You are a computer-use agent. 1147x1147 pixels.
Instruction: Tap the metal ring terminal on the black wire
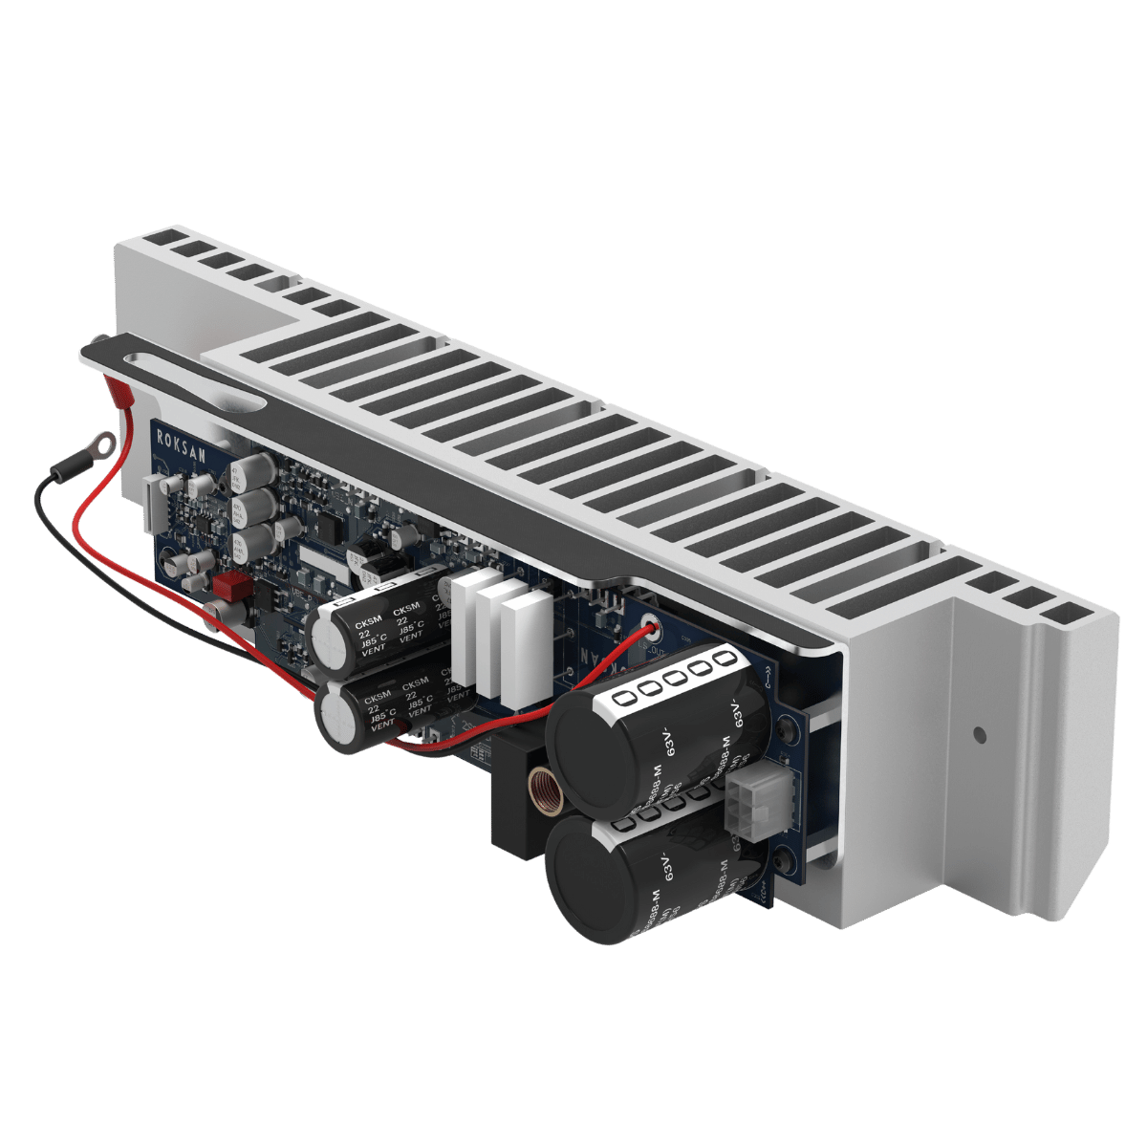point(102,443)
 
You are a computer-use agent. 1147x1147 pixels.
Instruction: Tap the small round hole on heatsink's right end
point(978,735)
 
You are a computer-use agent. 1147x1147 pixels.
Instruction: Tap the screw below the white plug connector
point(781,863)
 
